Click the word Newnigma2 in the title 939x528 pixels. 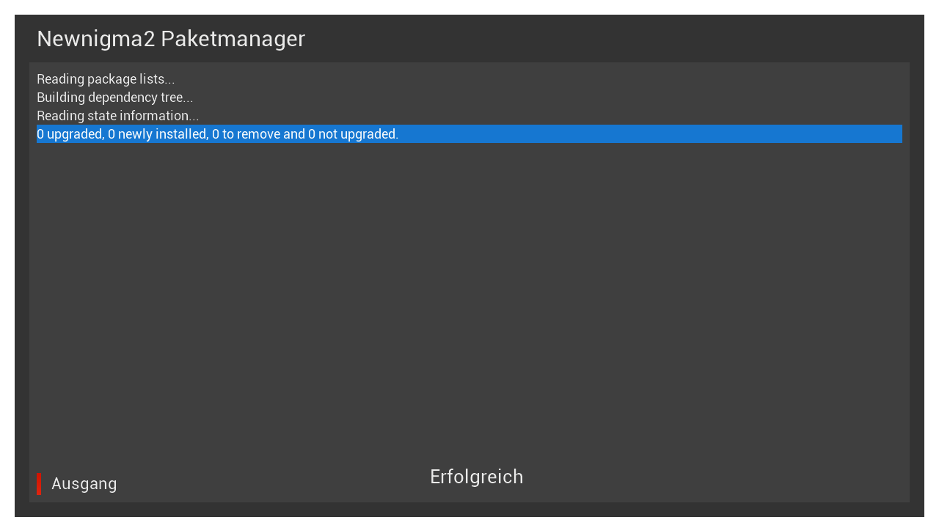tap(96, 40)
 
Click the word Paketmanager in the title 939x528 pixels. tap(233, 39)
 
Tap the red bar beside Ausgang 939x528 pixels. tap(39, 484)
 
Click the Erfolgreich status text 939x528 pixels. tap(477, 477)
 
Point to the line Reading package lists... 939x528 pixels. tap(106, 79)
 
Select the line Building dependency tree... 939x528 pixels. tap(115, 98)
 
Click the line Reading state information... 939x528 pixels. tap(118, 116)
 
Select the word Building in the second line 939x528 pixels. tap(61, 98)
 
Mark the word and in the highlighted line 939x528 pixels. tap(294, 134)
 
